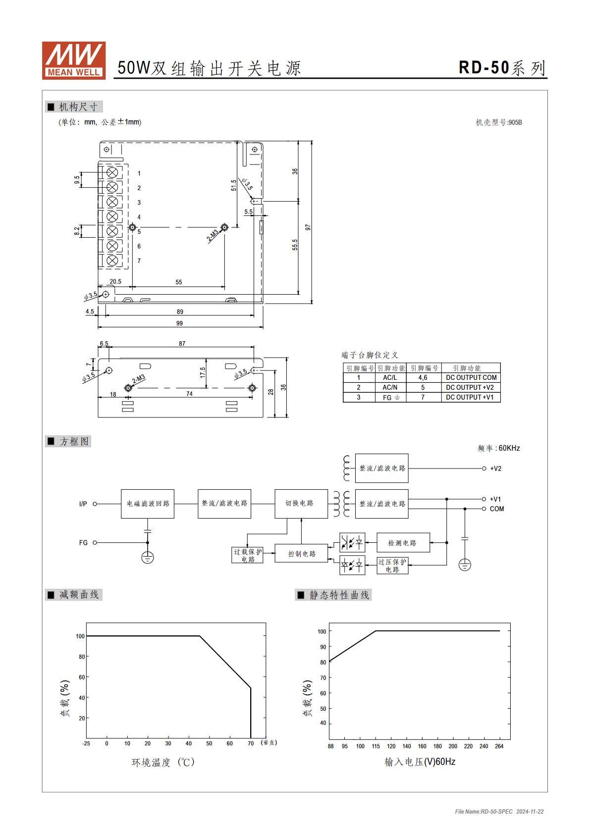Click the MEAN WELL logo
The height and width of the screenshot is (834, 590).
pos(74,60)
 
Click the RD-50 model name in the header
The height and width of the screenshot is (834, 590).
pos(483,68)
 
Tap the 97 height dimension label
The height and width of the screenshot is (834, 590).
pos(308,227)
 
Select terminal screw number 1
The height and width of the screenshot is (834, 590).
pos(112,173)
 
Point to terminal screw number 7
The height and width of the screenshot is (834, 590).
pos(112,260)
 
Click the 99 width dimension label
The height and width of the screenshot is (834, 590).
pos(179,323)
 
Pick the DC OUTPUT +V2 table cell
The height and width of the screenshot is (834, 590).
pos(471,387)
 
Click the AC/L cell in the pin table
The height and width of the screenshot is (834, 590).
pos(390,377)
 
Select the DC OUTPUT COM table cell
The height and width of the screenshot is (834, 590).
pos(471,377)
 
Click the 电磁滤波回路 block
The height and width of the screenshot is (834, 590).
pos(148,504)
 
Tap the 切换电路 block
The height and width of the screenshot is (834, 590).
pos(301,504)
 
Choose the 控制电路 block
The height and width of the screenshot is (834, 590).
pos(301,553)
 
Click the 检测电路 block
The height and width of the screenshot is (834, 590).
pos(403,542)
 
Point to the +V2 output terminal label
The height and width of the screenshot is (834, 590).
pos(496,469)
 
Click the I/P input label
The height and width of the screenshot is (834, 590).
pos(83,504)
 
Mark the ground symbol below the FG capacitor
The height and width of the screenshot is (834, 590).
pos(148,557)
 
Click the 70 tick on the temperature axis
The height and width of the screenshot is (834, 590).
pos(251,743)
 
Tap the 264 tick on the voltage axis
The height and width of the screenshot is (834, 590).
pos(499,746)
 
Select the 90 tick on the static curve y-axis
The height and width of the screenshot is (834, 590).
pos(323,647)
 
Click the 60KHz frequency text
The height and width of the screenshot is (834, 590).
pos(509,448)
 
